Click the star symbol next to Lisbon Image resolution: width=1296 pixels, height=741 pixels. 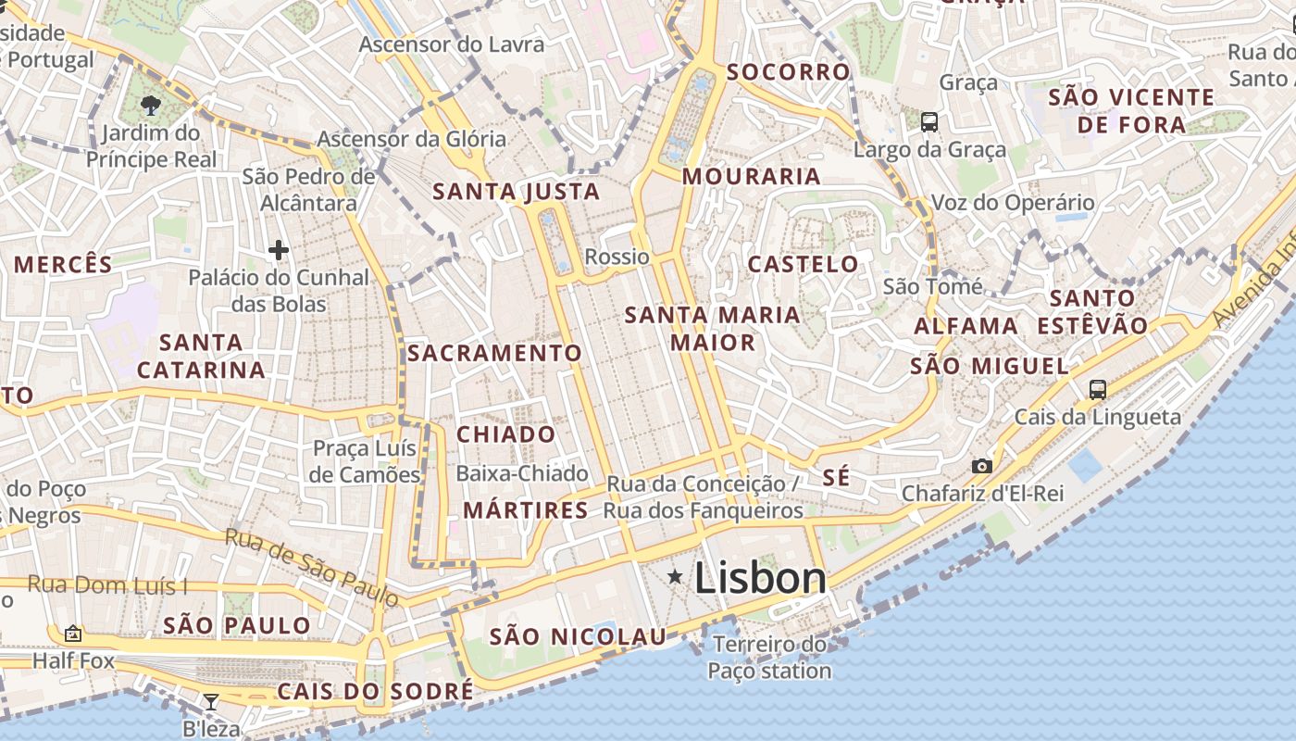676,577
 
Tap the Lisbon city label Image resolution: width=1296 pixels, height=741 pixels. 759,578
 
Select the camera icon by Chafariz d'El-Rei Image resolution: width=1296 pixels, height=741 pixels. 982,466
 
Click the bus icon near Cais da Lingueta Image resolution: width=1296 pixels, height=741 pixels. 1098,389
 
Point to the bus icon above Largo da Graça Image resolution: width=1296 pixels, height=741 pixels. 929,121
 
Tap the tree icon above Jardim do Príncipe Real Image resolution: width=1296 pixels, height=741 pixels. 151,107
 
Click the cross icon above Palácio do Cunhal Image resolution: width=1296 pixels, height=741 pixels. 279,249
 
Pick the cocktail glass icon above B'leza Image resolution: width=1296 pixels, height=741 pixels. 211,702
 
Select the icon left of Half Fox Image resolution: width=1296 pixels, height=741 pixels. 73,634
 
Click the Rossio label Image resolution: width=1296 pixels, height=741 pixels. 617,256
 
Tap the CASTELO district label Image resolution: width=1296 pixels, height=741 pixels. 803,264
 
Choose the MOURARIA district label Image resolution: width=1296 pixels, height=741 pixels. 752,176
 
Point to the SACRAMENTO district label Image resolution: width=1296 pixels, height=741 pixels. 494,353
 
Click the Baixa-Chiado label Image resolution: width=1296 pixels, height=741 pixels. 522,473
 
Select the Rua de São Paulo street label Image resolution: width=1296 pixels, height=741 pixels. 312,568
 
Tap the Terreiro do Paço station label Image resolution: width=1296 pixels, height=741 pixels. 770,658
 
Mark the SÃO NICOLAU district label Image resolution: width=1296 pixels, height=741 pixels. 578,636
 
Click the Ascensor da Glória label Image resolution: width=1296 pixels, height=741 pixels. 412,139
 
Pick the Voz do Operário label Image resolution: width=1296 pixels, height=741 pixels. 1012,202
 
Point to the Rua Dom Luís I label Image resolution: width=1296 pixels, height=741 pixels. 107,584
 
